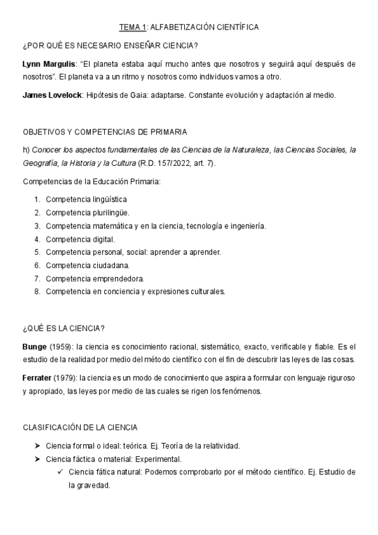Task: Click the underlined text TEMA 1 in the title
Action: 133,27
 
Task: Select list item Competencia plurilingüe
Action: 88,212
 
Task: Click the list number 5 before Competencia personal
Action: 38,252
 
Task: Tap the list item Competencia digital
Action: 80,238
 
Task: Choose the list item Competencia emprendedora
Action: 95,278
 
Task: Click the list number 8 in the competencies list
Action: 38,291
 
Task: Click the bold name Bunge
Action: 35,347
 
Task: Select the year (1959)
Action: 62,347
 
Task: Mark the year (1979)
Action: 69,378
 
